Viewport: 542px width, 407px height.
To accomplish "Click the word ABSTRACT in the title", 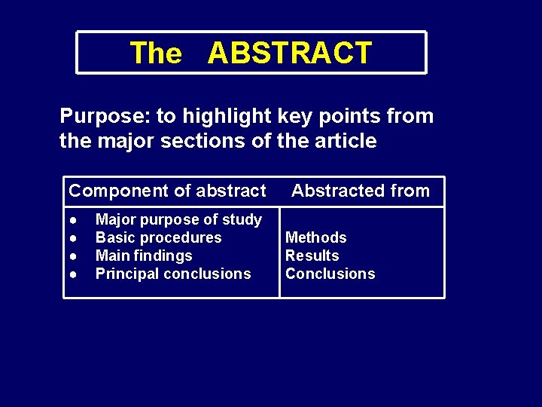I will (x=290, y=54).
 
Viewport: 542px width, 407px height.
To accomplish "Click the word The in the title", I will (x=156, y=54).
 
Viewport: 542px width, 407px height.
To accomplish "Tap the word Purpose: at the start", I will (x=105, y=116).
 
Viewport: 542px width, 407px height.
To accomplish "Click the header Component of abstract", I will (x=167, y=191).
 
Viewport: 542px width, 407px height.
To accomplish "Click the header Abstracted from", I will (x=361, y=191).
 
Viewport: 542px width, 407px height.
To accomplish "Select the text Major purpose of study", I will (x=178, y=219).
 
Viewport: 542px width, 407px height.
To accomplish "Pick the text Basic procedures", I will (x=158, y=237).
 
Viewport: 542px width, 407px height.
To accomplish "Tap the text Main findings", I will (x=144, y=256).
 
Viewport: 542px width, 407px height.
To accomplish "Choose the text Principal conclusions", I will (x=173, y=274).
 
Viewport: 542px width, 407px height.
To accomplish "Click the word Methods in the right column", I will (x=315, y=237).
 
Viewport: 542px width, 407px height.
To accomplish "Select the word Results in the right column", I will (x=312, y=256).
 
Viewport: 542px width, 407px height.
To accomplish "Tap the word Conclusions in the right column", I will (x=330, y=274).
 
